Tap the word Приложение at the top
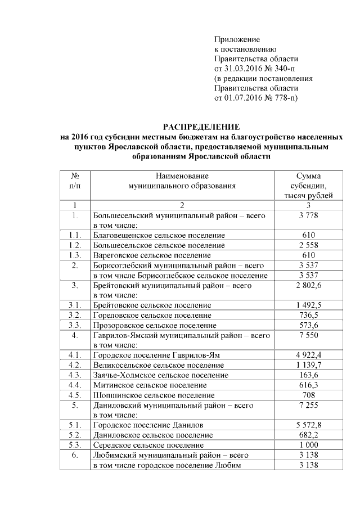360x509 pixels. [237, 39]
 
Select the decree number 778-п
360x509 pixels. [283, 98]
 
